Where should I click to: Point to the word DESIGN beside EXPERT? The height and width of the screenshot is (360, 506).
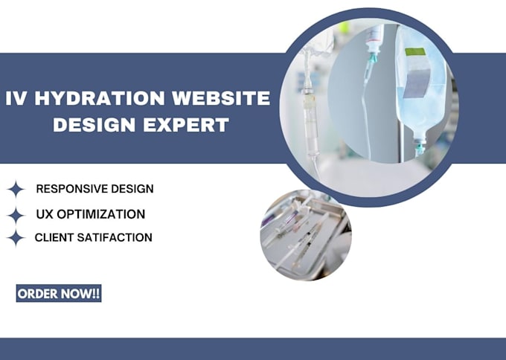click(93, 124)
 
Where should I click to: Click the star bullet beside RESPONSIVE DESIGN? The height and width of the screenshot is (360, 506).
click(15, 189)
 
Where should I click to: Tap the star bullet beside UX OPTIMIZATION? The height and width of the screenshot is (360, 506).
click(15, 215)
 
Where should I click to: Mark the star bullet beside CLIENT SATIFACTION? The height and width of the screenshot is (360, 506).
click(15, 239)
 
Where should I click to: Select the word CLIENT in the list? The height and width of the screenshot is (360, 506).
click(53, 238)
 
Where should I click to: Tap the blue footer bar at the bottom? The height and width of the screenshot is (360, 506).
click(253, 349)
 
